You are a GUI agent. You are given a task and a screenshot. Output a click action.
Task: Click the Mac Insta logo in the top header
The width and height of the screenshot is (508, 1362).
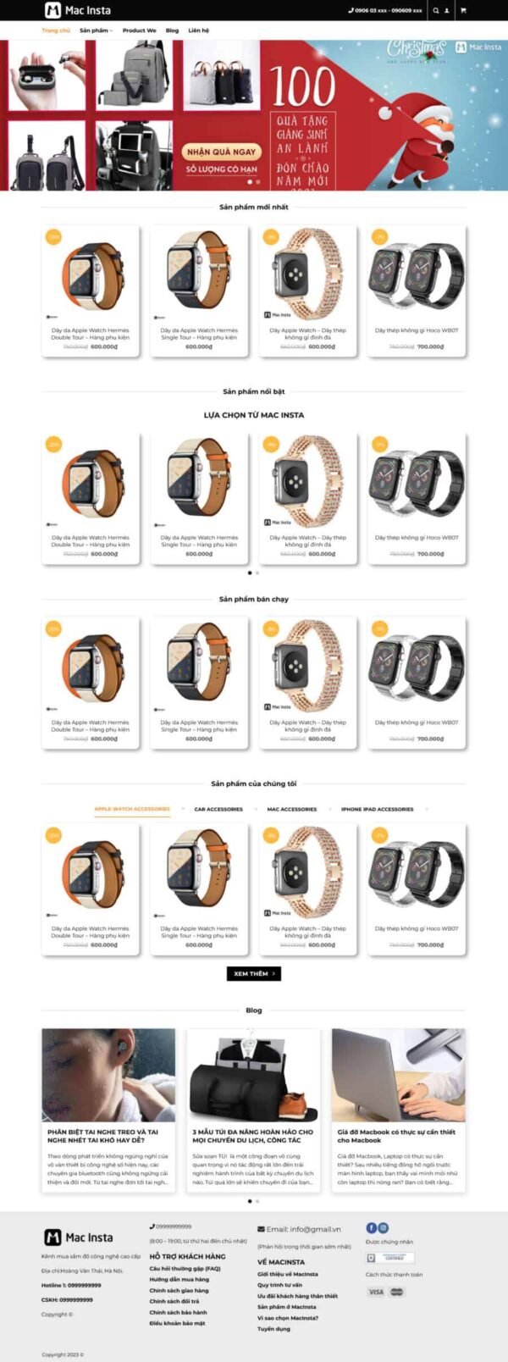(x=77, y=10)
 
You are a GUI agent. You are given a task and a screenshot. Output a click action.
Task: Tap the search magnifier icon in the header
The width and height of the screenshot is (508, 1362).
(x=436, y=11)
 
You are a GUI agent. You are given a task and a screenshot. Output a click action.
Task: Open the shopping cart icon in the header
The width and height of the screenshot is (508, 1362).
(x=462, y=11)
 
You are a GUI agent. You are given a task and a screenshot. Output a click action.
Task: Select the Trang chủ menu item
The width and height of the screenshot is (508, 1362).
(x=56, y=30)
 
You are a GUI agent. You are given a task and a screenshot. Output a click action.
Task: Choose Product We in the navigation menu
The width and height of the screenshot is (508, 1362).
(x=139, y=30)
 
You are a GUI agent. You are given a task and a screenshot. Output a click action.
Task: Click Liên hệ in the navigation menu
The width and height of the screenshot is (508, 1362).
(x=198, y=30)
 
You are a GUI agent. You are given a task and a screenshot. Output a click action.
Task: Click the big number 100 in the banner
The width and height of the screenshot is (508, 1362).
(x=303, y=86)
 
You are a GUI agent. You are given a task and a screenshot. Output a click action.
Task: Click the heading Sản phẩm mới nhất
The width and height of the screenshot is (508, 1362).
(x=253, y=207)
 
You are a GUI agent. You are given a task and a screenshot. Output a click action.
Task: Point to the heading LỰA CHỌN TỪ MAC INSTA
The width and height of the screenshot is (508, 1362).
(x=253, y=415)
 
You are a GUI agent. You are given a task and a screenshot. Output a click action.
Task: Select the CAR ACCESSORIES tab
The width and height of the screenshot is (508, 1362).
(x=218, y=809)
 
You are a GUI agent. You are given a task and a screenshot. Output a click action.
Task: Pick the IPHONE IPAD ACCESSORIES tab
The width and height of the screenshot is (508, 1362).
(x=377, y=809)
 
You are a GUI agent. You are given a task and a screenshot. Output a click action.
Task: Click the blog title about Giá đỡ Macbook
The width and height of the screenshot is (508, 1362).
(x=395, y=1136)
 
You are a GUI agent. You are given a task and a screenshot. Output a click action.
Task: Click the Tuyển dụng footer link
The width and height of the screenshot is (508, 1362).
(x=274, y=1329)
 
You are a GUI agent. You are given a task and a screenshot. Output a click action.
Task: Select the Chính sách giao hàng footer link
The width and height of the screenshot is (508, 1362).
(x=179, y=1290)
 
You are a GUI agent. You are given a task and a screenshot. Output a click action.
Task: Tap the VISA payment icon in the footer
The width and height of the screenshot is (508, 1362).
(x=376, y=1292)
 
